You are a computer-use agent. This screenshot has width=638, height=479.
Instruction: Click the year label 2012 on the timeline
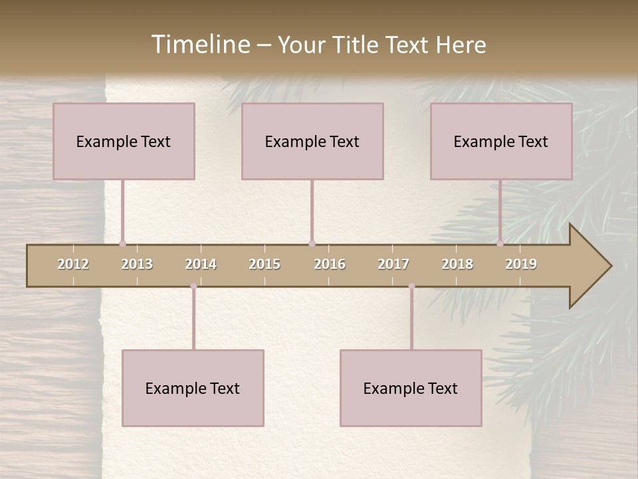[73, 264]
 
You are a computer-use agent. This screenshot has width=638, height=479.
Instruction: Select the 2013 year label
[137, 264]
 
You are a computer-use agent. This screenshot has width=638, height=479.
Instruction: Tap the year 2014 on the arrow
[201, 264]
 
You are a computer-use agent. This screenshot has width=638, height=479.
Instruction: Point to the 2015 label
[265, 264]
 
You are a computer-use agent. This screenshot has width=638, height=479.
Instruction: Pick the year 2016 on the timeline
[330, 264]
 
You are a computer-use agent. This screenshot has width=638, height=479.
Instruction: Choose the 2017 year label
[393, 264]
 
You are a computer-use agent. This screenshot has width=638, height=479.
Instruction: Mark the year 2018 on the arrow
[457, 264]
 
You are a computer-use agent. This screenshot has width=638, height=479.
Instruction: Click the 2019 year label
[521, 264]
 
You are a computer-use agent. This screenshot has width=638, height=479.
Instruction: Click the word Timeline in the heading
[199, 45]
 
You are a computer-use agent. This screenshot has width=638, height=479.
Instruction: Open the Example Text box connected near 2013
[124, 141]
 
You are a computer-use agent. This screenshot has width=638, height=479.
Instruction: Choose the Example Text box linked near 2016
[312, 141]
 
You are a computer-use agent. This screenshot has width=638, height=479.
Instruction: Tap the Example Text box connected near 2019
[501, 141]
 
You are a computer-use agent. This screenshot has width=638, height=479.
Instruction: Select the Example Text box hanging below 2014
[193, 388]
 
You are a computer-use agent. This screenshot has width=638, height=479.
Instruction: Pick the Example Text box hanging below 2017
[411, 388]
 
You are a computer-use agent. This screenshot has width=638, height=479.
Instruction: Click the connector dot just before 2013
[122, 243]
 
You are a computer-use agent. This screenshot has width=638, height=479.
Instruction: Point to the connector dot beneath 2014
[193, 286]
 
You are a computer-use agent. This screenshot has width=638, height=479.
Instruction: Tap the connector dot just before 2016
[312, 243]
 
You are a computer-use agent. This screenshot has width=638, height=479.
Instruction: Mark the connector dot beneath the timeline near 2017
[411, 286]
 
